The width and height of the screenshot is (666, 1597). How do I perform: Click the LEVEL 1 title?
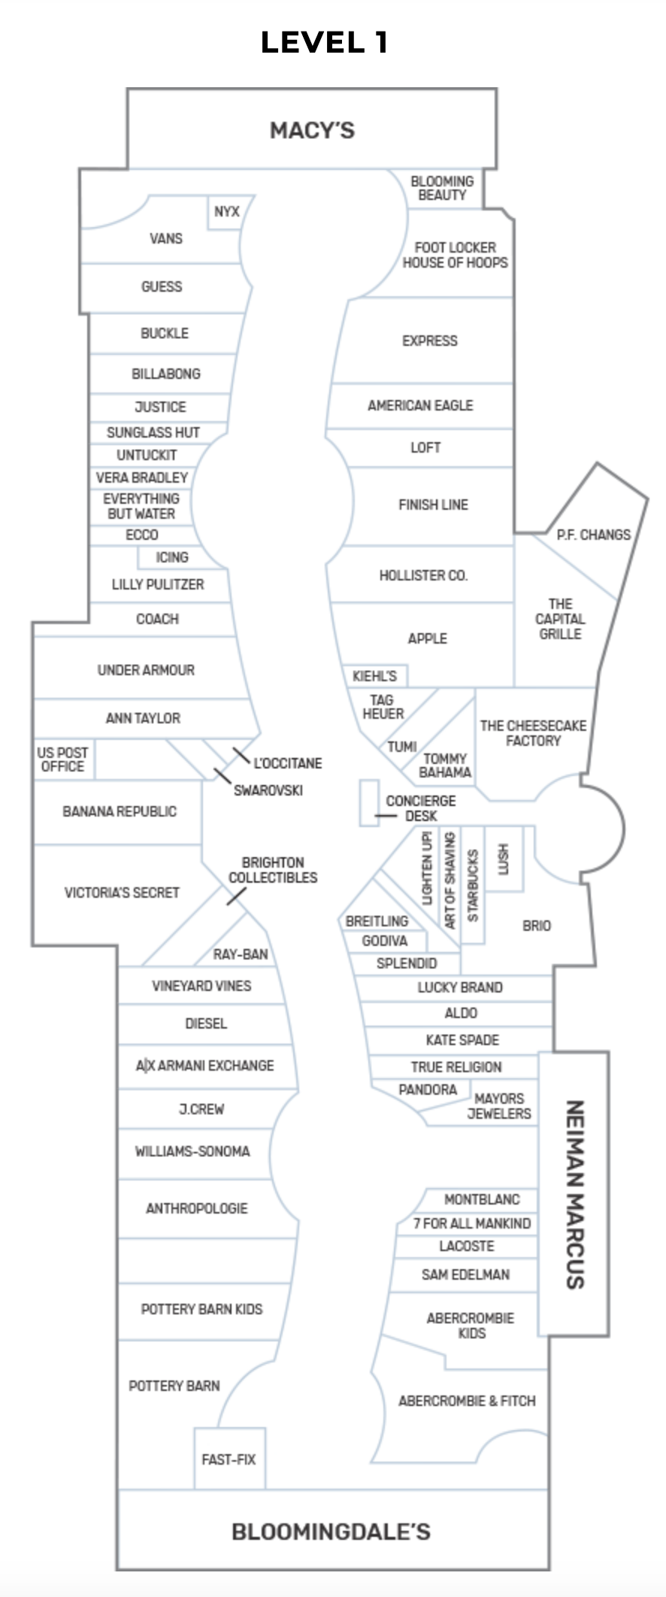click(324, 42)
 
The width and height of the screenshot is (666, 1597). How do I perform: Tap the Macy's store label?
click(312, 131)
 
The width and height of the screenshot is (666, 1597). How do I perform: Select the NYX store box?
click(226, 212)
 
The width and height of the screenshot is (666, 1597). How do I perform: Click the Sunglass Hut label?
click(153, 432)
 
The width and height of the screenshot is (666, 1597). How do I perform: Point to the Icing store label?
click(171, 557)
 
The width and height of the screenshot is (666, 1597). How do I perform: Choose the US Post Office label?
click(62, 759)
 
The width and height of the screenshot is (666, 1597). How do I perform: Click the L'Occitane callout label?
click(287, 763)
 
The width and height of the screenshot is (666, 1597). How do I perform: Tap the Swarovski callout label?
click(268, 790)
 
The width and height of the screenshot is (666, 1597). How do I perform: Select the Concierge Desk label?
click(420, 808)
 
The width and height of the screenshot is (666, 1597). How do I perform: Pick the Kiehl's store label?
click(374, 676)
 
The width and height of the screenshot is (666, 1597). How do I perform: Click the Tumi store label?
click(402, 747)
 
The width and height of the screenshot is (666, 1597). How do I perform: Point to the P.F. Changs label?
click(593, 535)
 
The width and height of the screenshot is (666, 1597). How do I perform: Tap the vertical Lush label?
click(504, 859)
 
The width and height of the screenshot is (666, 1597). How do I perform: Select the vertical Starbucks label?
click(473, 886)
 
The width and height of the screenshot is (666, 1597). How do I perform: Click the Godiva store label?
click(384, 941)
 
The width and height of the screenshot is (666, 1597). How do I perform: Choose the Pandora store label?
click(428, 1089)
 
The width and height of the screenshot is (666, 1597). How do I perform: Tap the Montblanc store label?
click(482, 1199)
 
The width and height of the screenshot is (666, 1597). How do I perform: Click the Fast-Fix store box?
click(229, 1459)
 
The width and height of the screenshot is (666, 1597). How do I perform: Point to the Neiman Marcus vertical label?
click(574, 1194)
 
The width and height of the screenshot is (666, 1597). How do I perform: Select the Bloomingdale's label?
click(331, 1532)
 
